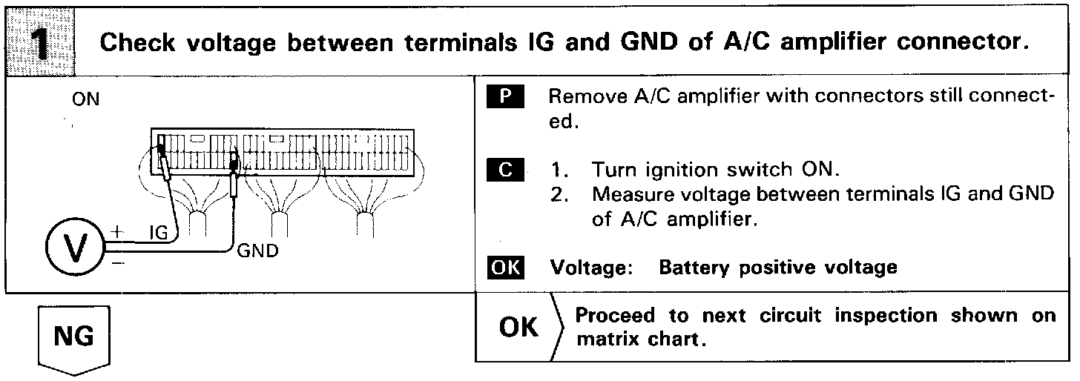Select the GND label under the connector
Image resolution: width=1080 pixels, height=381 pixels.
point(258,251)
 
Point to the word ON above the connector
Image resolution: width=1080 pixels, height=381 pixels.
point(86,99)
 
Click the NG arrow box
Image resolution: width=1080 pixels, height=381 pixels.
point(74,338)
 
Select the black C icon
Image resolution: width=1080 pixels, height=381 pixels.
point(506,170)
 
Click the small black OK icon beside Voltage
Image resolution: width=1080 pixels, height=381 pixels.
point(506,267)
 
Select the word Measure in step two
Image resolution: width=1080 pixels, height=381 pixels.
point(632,195)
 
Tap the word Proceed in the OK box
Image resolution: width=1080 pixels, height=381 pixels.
point(617,316)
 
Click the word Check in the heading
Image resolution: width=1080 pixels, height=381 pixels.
point(139,43)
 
